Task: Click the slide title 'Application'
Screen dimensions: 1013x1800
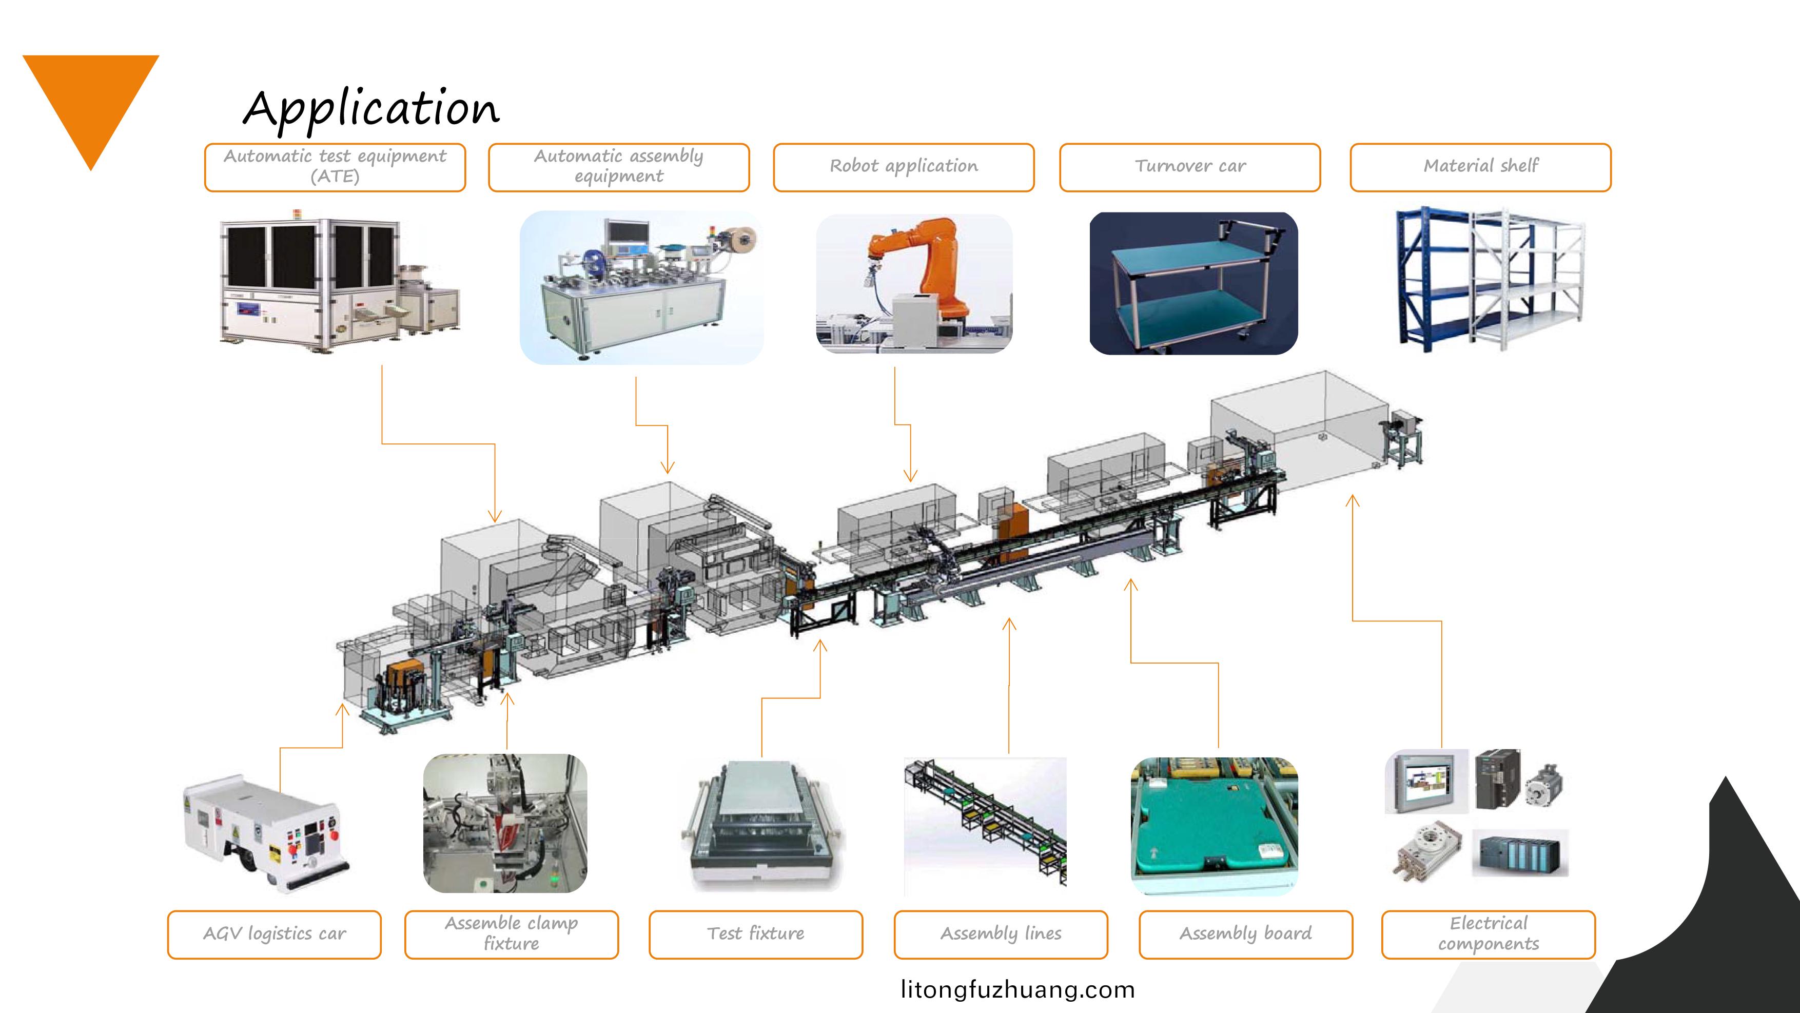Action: [371, 108]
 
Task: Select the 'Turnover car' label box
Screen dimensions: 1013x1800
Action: [1189, 167]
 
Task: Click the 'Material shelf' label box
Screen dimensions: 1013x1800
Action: [1480, 167]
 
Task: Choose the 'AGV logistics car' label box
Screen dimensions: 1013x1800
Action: [274, 934]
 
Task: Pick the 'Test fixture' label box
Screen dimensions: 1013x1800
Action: [755, 934]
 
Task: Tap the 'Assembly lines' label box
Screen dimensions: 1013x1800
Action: [1001, 934]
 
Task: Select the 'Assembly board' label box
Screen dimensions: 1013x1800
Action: [1245, 934]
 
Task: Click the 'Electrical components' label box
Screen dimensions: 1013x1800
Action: [1489, 934]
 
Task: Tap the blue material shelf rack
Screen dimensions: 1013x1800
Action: [1433, 280]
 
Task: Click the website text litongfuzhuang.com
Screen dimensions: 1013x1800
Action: [1018, 990]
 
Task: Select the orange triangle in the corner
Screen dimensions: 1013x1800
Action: [91, 98]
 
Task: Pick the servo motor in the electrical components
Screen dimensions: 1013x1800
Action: [1543, 787]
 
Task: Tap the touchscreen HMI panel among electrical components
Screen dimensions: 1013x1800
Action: [1425, 781]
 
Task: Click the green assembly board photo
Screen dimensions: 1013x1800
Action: [1214, 828]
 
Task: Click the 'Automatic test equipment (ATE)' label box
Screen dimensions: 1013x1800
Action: [335, 167]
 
